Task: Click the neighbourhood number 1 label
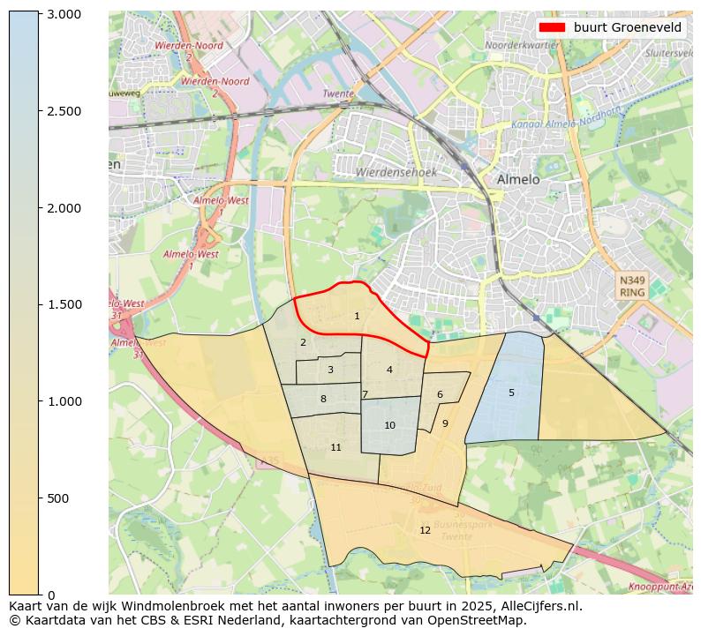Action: (x=357, y=316)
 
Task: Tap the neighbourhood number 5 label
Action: (x=511, y=393)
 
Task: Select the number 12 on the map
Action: (x=425, y=530)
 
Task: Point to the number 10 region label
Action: (x=389, y=425)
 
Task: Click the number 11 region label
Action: (x=335, y=447)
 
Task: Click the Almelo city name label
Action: (x=517, y=179)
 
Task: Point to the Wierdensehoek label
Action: (x=396, y=173)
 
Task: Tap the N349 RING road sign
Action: (x=632, y=286)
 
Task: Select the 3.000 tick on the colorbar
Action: (x=64, y=14)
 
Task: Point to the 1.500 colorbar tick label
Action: (x=64, y=304)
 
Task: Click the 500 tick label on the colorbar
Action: (x=58, y=498)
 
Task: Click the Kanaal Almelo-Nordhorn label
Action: (x=565, y=118)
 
